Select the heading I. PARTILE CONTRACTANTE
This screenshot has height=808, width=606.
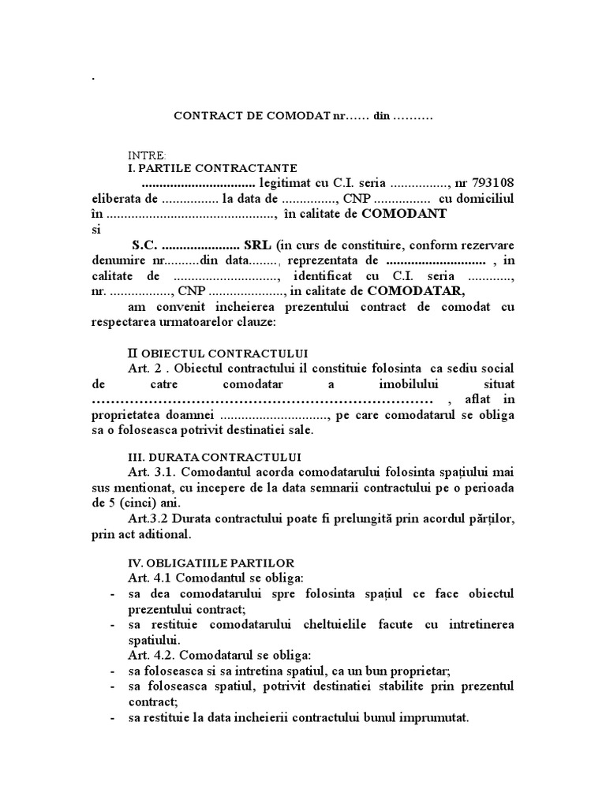pyautogui.click(x=212, y=168)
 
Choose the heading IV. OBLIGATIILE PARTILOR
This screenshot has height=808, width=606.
pyautogui.click(x=211, y=563)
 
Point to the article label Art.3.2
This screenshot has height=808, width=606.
pyautogui.click(x=148, y=518)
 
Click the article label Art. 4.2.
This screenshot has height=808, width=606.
pyautogui.click(x=151, y=655)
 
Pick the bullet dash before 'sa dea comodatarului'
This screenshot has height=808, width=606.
pyautogui.click(x=115, y=593)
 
